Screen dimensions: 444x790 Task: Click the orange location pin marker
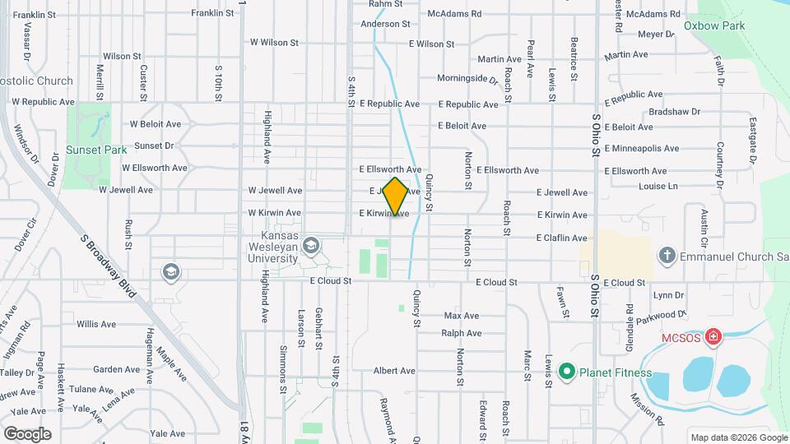point(396,197)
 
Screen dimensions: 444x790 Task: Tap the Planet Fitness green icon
point(566,372)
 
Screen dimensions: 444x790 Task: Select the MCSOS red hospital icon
point(713,337)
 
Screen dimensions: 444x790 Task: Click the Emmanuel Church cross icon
point(667,256)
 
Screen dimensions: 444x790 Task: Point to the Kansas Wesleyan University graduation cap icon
point(311,246)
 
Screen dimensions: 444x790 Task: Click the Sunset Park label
point(96,150)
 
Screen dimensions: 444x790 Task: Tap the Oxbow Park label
point(714,25)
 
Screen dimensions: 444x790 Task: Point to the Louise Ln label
point(658,187)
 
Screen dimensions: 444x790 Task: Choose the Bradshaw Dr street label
point(674,111)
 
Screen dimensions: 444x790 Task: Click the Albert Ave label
point(393,371)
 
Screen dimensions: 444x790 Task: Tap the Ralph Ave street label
point(461,333)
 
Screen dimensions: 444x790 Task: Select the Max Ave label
point(461,316)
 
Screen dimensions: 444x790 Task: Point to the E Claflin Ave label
point(561,238)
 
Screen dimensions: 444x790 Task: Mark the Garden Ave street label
point(116,369)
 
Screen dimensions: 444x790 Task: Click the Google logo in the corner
point(27,433)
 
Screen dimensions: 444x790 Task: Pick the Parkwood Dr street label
point(666,314)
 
